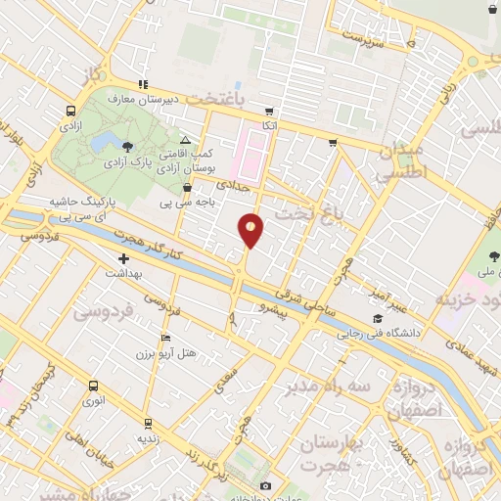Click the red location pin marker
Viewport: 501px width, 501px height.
click(250, 230)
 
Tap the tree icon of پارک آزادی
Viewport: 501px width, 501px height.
click(127, 146)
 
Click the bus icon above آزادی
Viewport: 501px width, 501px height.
click(70, 112)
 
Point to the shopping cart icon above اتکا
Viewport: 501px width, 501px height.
click(270, 112)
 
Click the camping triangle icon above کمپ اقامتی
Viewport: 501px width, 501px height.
click(186, 142)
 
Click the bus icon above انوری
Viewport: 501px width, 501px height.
click(91, 385)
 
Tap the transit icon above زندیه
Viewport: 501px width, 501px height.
click(147, 425)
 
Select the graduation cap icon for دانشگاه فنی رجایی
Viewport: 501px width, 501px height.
click(378, 318)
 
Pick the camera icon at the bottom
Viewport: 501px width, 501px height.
click(265, 486)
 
